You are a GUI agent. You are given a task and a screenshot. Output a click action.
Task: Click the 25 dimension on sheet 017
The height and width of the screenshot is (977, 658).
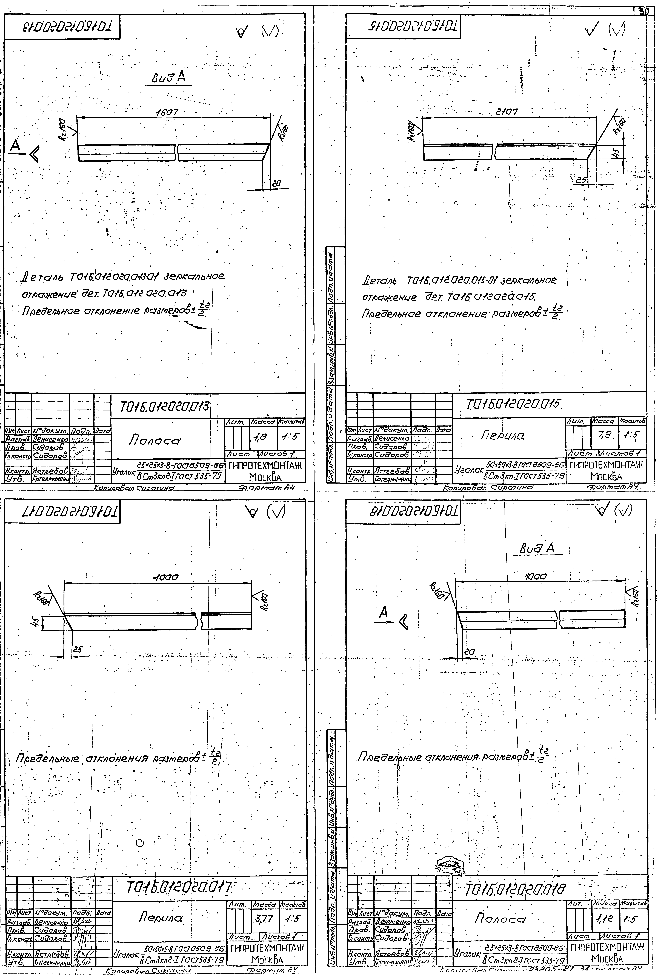tap(78, 648)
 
